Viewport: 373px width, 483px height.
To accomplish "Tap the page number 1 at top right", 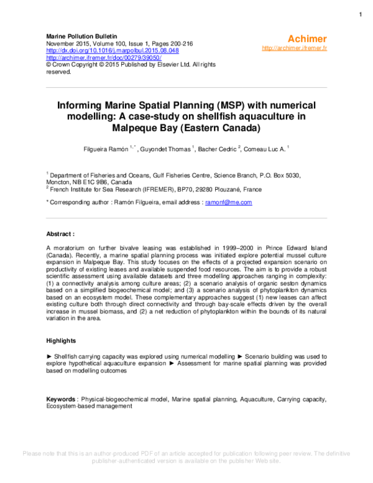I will pyautogui.click(x=361, y=14).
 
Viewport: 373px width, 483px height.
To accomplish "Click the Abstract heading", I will pyautogui.click(x=60, y=234).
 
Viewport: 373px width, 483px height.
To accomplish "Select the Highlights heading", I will pyautogui.click(x=62, y=341).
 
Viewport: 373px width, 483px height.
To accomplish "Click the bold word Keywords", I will pyautogui.click(x=62, y=398).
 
